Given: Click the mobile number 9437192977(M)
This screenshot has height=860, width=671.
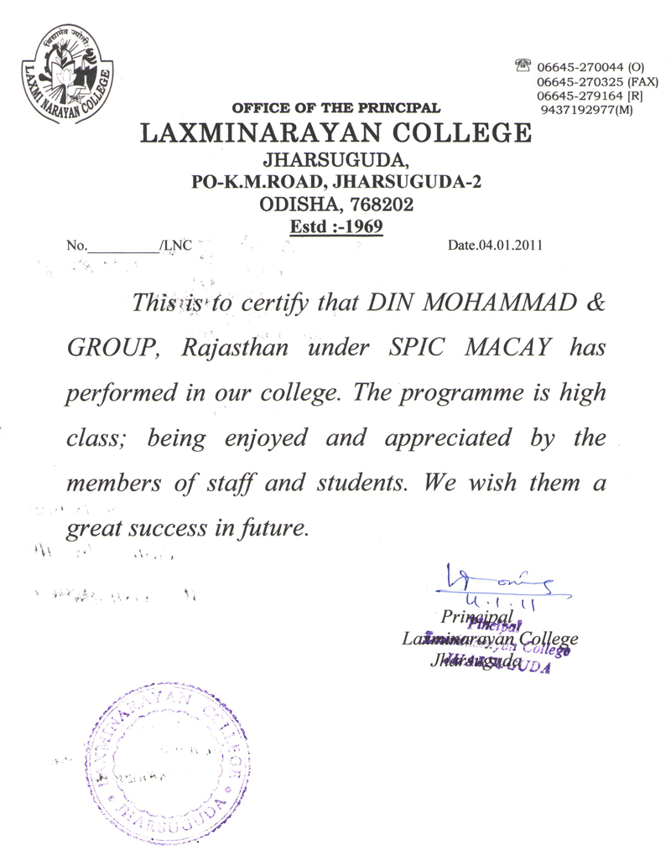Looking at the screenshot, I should [x=587, y=110].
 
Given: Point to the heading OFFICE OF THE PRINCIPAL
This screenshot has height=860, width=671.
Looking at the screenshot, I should [x=335, y=108].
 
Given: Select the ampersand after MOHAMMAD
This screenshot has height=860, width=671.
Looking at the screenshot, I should [x=593, y=303].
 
